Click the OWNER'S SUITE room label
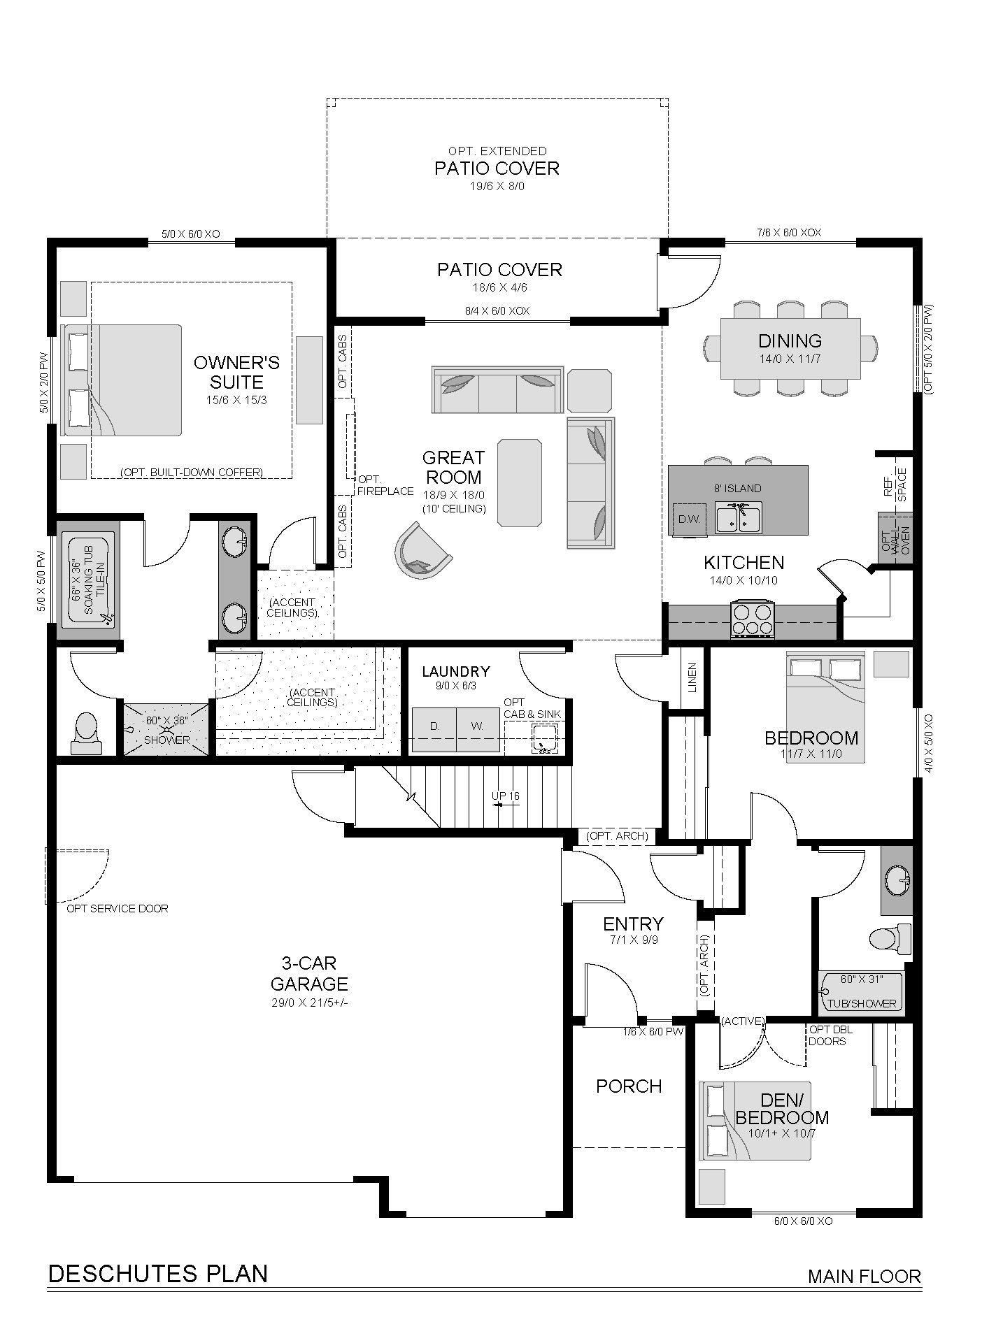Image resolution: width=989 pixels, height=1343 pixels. tap(237, 372)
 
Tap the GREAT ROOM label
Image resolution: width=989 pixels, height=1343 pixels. tap(453, 468)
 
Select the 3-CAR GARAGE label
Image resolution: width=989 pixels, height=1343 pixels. tap(309, 974)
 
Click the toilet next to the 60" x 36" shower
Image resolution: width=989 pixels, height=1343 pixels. tap(87, 733)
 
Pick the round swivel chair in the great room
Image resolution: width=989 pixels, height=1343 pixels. tap(422, 550)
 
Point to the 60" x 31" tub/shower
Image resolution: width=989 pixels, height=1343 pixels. tap(861, 992)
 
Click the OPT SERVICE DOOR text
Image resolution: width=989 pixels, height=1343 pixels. tap(118, 909)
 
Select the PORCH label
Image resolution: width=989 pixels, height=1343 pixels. tap(629, 1086)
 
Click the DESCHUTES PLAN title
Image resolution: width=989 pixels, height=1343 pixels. tap(158, 1273)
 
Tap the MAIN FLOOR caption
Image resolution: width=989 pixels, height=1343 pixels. tap(865, 1276)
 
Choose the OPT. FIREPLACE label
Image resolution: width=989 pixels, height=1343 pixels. tap(385, 485)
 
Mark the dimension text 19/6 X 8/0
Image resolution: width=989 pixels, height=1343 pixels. tap(497, 187)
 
